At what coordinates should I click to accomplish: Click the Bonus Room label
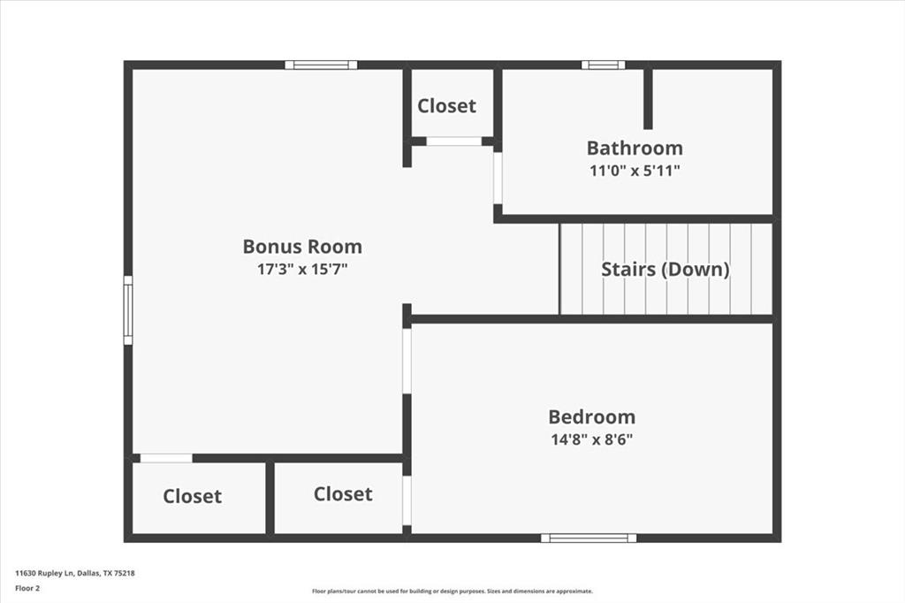click(302, 247)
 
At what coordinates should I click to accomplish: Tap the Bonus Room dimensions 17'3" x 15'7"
click(302, 270)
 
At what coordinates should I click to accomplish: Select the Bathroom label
click(635, 148)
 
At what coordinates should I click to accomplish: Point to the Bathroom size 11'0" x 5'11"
click(635, 171)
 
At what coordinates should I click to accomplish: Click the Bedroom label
click(591, 416)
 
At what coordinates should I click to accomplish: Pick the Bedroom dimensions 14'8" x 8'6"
click(591, 439)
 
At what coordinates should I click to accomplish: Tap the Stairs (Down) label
click(665, 269)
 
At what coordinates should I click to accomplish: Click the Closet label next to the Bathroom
click(446, 106)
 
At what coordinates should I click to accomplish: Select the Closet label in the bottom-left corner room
click(193, 497)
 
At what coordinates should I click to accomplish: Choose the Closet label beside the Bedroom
click(343, 494)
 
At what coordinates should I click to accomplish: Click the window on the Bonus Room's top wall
click(321, 65)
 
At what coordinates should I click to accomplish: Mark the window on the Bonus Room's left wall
click(128, 310)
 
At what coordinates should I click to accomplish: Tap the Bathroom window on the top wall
click(603, 65)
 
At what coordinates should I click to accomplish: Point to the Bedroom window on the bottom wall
click(589, 538)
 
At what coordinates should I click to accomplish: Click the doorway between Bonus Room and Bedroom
click(407, 361)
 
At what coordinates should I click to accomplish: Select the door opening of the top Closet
click(453, 141)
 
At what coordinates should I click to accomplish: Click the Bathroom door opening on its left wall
click(498, 178)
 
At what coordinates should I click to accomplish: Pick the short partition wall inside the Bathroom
click(648, 97)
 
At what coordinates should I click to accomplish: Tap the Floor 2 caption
click(27, 587)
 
